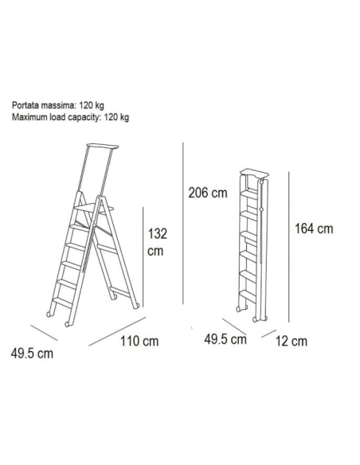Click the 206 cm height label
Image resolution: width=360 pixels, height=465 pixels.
coord(208,193)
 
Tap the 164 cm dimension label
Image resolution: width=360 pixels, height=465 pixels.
coord(314,229)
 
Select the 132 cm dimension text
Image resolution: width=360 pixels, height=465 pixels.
coord(157,242)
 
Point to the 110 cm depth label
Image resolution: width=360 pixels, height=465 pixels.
coord(139,342)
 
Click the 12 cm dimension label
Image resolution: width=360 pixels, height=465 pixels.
coord(292,342)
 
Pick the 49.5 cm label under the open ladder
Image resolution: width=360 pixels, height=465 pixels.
coord(32,354)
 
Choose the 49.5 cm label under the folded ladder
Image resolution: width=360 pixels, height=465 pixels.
coord(225,339)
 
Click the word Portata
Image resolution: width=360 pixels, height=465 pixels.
coord(25,105)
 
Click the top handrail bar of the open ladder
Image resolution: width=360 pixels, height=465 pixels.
coord(103,147)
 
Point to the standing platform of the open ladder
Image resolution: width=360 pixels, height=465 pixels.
coord(94,208)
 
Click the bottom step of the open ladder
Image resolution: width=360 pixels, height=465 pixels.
coord(62,303)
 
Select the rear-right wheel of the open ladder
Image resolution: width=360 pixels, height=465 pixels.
coord(136,306)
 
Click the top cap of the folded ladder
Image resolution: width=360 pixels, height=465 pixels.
coord(255,172)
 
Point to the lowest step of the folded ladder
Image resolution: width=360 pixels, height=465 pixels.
coord(248,296)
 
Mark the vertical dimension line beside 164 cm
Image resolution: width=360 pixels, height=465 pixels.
coord(288,247)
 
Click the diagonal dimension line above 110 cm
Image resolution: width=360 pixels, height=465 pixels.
coord(117,331)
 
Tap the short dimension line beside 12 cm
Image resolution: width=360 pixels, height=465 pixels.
coord(268,334)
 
